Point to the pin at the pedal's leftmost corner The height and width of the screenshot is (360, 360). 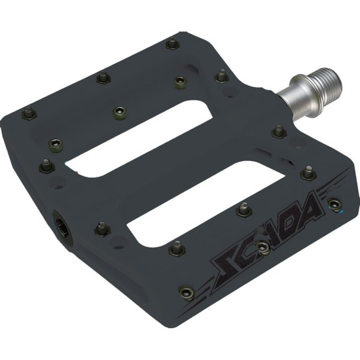click(27, 112)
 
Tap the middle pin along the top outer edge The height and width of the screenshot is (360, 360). click(100, 77)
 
